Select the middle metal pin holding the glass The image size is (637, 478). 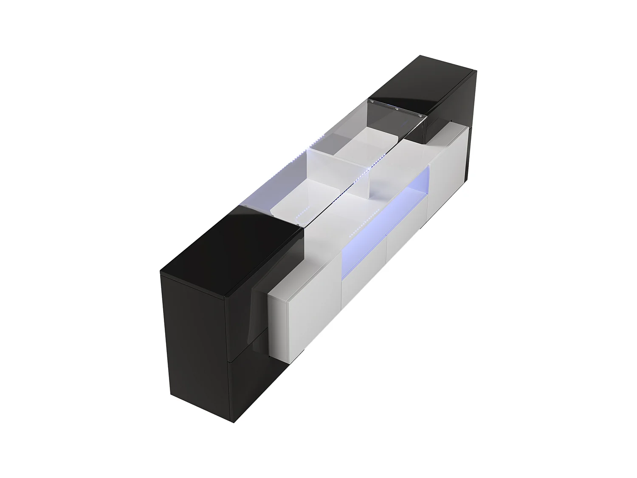[397, 109]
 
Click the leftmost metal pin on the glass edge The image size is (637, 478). [374, 103]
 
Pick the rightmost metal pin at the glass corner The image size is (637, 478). [420, 114]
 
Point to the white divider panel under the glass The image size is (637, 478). [331, 170]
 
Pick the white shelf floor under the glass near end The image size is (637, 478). [293, 204]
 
